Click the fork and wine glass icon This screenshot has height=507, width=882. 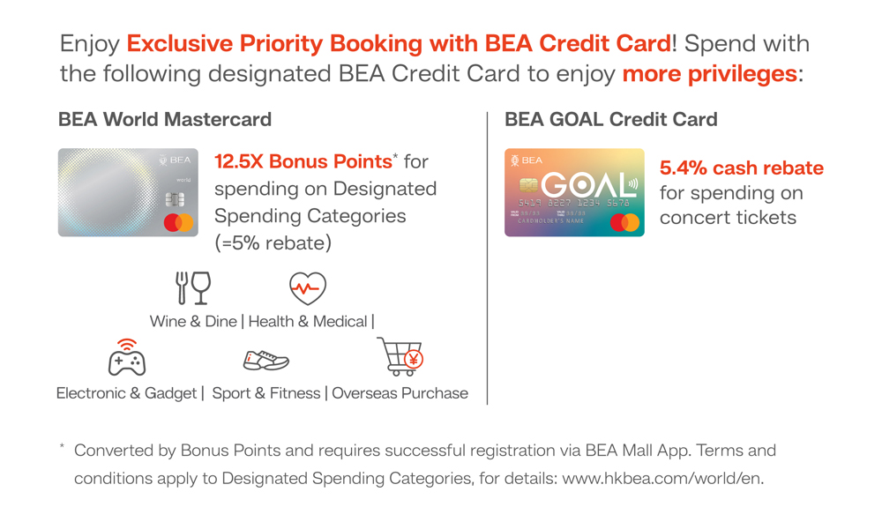[193, 287]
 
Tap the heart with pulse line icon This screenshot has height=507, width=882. [308, 288]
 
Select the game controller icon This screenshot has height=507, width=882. [127, 357]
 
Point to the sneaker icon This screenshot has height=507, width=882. [266, 361]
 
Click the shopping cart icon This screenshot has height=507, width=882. [400, 356]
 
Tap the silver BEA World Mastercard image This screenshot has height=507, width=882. [128, 192]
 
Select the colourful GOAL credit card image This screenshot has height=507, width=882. [574, 192]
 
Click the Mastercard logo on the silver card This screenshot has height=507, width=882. [179, 222]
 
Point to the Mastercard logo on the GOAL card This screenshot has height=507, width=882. [625, 222]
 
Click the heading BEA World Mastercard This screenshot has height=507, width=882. [165, 119]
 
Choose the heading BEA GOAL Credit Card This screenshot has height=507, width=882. [611, 119]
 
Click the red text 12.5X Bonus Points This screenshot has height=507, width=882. [303, 161]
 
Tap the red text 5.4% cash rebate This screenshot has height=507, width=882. [742, 168]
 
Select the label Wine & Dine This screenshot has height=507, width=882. [193, 322]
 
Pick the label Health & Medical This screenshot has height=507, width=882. [308, 322]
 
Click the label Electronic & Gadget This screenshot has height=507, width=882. [126, 393]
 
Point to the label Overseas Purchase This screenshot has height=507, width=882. [400, 393]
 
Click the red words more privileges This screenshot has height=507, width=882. [709, 74]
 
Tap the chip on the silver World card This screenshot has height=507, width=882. [175, 199]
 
